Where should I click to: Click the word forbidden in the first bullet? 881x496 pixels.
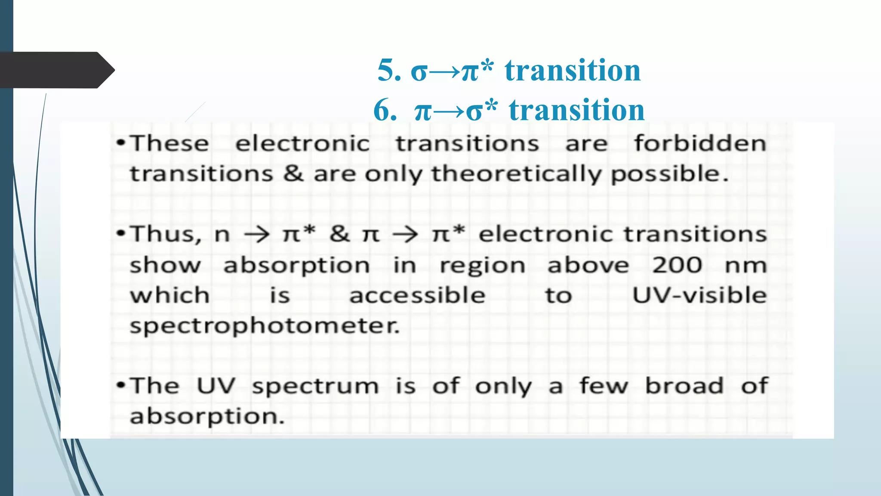[700, 143]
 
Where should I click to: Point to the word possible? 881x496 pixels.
[669, 174]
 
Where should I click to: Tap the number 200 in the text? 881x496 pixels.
[677, 265]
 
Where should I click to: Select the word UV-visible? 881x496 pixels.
[699, 295]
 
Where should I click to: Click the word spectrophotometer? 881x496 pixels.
[265, 326]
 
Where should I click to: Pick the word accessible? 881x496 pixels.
[417, 295]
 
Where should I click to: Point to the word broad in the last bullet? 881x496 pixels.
[684, 386]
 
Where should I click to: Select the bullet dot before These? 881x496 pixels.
[121, 143]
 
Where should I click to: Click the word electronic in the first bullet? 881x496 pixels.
[302, 143]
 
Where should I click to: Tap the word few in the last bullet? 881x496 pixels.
[604, 386]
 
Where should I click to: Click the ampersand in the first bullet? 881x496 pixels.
[293, 174]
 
